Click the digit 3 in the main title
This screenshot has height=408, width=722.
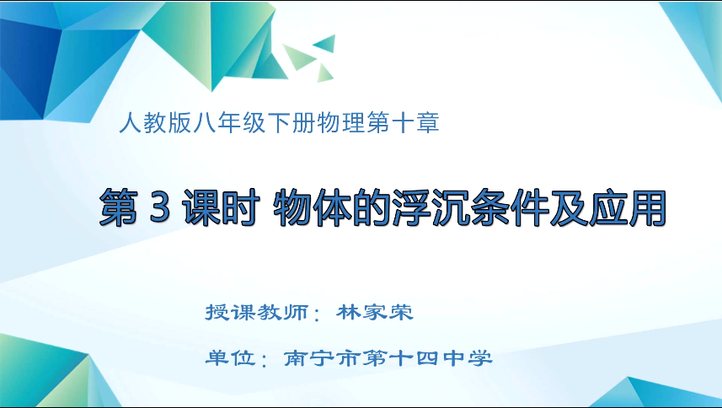tap(160, 207)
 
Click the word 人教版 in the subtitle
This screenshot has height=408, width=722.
tap(155, 123)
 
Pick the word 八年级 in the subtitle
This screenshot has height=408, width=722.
tap(229, 123)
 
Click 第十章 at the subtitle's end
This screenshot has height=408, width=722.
tap(404, 123)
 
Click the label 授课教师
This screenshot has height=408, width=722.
tap(256, 313)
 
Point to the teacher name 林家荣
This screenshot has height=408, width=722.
tap(375, 313)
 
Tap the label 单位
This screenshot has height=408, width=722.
tap(230, 358)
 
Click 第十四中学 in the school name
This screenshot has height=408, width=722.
tap(428, 358)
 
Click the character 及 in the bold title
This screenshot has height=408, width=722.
tap(569, 207)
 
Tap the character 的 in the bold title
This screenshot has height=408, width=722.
tap(372, 207)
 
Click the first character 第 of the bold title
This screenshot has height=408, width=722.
tap(118, 207)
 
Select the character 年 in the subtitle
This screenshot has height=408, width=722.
tap(229, 123)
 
